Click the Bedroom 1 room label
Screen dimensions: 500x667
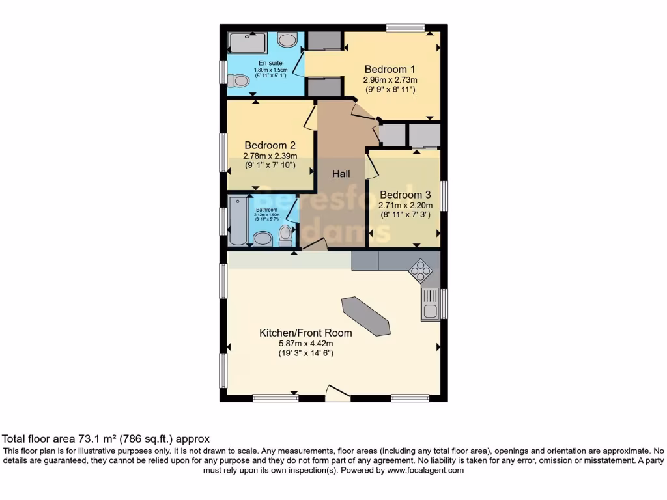point(390,69)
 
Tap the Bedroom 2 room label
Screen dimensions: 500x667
point(270,145)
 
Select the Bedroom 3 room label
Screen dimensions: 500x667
point(405,194)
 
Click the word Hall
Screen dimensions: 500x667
point(341,174)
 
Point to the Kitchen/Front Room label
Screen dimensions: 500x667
point(305,333)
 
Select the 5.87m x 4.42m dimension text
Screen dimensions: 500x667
point(305,343)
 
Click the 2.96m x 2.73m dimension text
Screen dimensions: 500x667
point(390,79)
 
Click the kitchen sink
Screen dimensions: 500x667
point(430,305)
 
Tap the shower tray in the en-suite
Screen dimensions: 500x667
point(248,43)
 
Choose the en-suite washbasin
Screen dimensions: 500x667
point(287,39)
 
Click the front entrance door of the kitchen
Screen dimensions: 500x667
point(337,393)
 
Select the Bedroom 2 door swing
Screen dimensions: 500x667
point(311,119)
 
